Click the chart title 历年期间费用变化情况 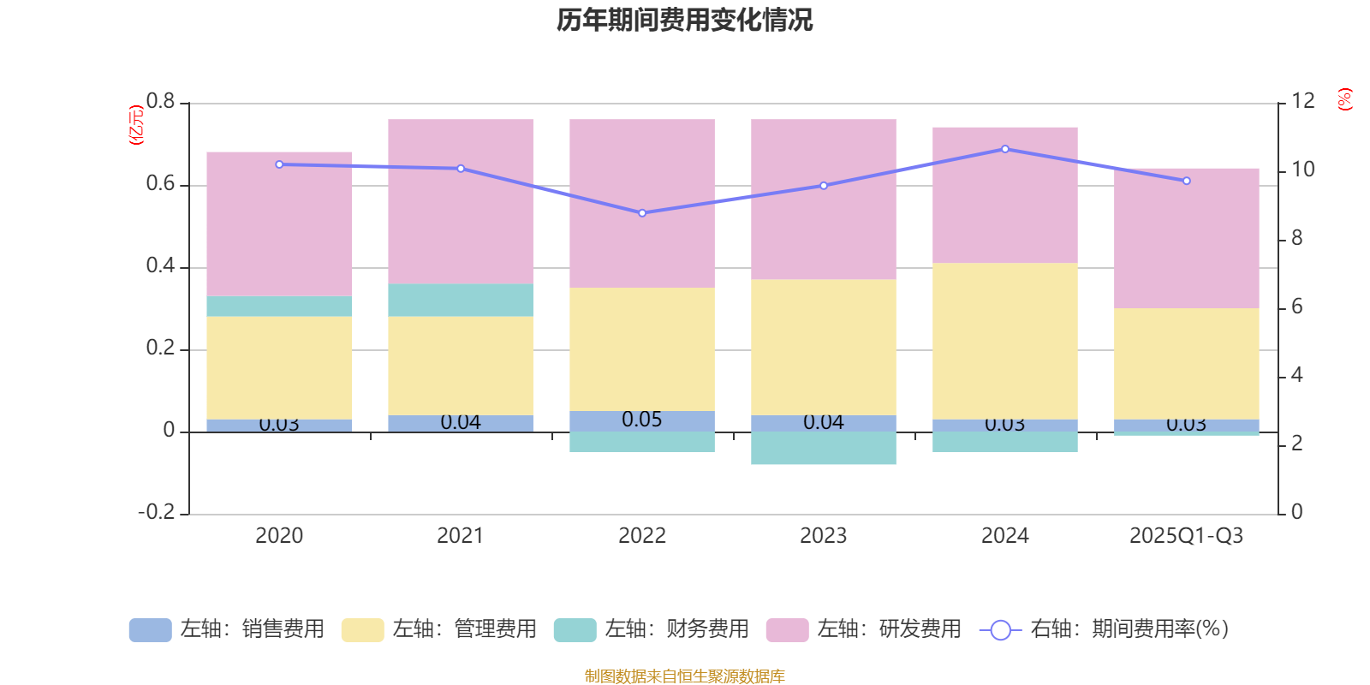tap(684, 20)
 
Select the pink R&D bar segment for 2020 tap(279, 223)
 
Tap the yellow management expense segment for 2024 tap(1004, 341)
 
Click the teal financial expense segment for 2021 tap(461, 301)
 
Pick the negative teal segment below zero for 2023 tap(824, 449)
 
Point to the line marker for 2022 tap(642, 213)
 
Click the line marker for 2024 tap(1005, 149)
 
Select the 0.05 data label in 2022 tap(642, 420)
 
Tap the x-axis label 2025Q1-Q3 tap(1186, 536)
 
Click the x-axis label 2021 tap(461, 536)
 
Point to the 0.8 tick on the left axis tap(160, 102)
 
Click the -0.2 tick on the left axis tap(156, 512)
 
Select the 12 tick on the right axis tap(1303, 101)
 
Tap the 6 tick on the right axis tap(1297, 307)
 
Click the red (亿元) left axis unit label tap(135, 125)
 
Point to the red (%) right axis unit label tap(1345, 99)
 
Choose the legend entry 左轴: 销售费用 tap(227, 629)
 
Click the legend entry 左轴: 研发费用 tap(864, 629)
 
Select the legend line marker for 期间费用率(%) tap(1000, 630)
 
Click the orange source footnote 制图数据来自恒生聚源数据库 tap(684, 676)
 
